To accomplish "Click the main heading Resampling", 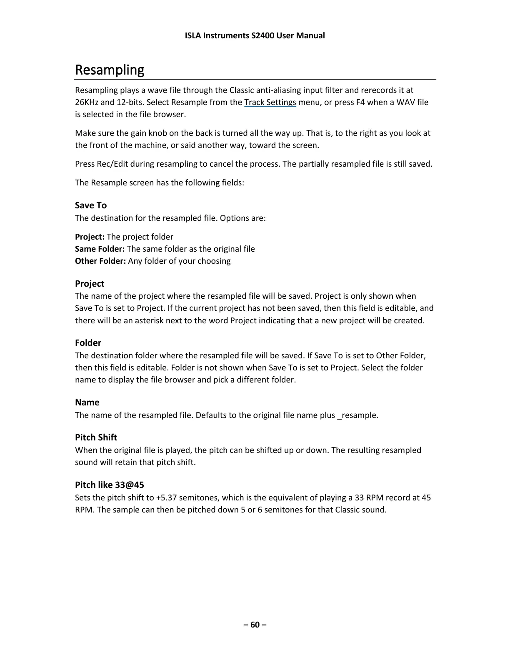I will [x=110, y=70].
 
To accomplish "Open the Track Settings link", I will [x=270, y=102].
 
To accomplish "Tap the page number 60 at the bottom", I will [x=255, y=624].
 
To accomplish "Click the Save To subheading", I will [x=91, y=205].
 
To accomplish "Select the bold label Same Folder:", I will [x=100, y=249].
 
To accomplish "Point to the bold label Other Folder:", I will [x=100, y=261].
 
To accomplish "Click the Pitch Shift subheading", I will [x=96, y=437].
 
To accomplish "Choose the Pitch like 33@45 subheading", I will [x=110, y=485].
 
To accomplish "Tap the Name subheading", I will [x=87, y=402].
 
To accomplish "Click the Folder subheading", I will [x=88, y=343].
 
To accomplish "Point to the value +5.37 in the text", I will [x=166, y=498].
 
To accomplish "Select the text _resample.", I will [x=357, y=415].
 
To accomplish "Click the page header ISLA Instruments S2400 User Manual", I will [x=255, y=35].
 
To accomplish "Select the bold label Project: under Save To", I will [x=90, y=237].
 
